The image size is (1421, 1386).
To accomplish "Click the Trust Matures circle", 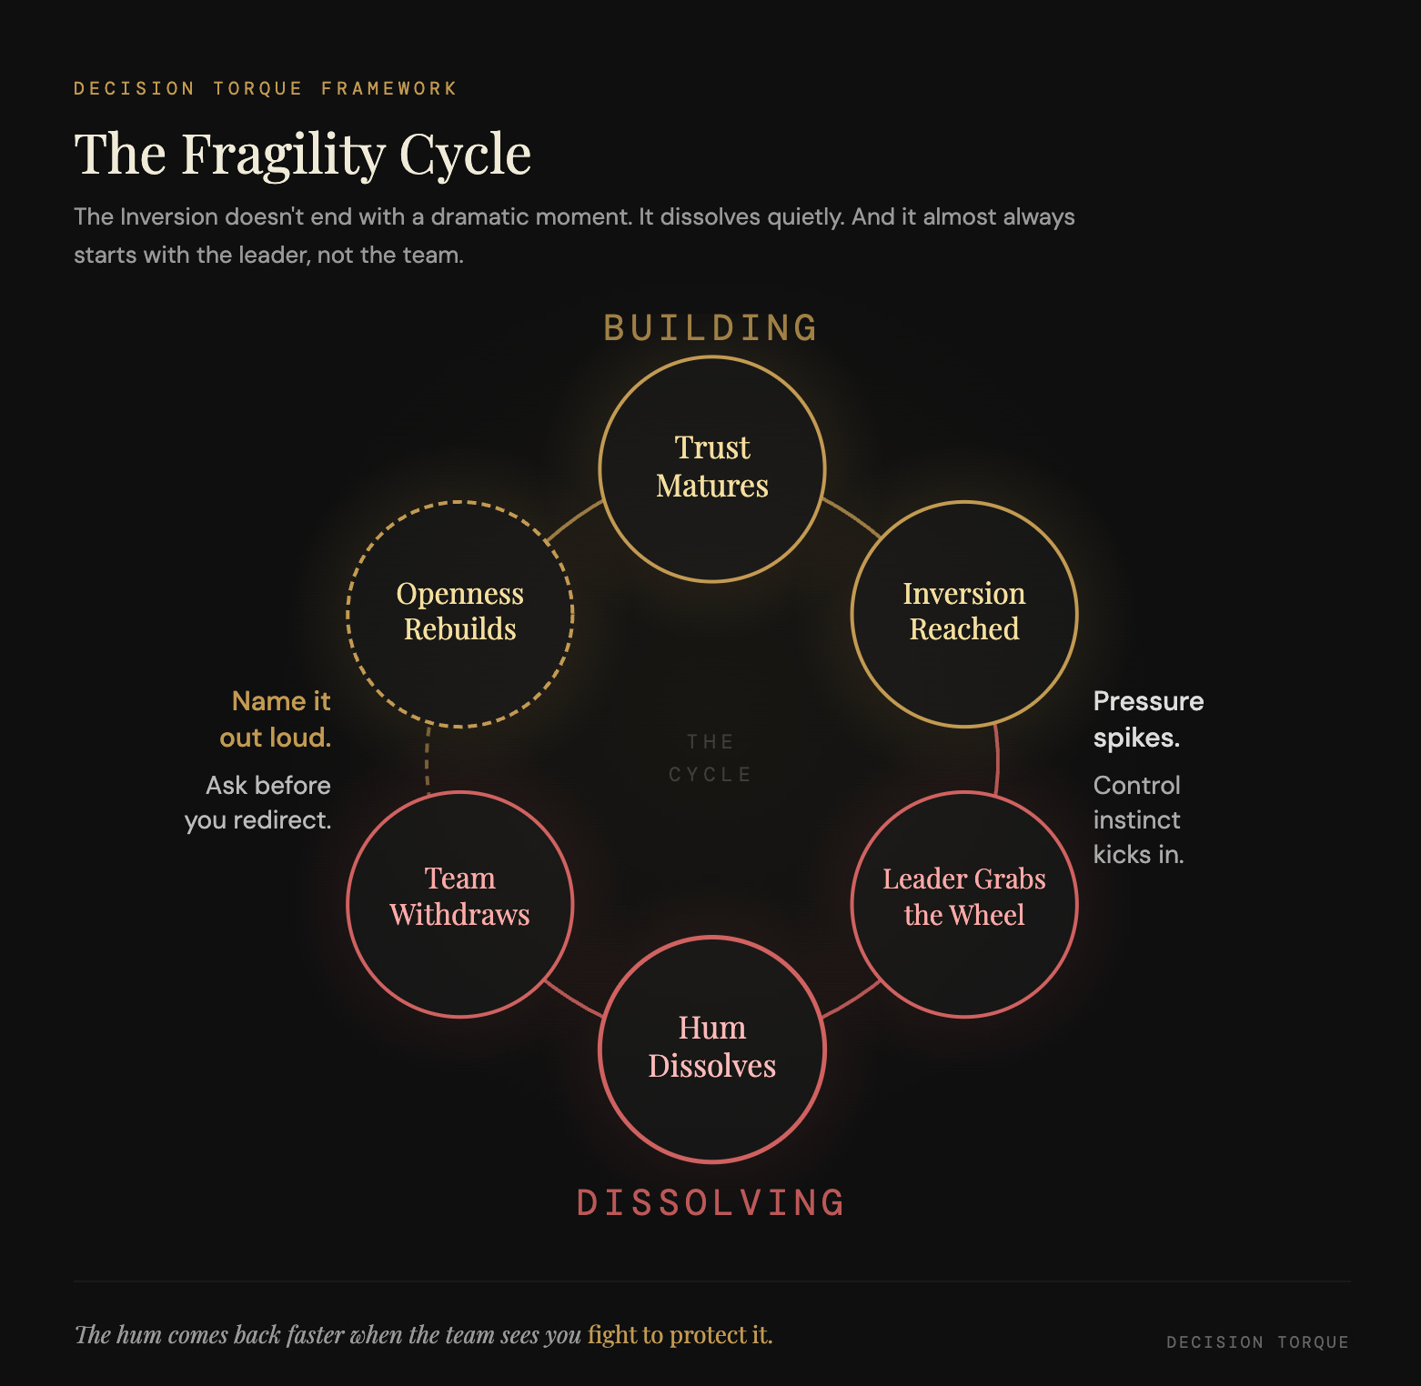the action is click(712, 468).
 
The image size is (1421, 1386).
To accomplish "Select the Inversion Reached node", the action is click(964, 614).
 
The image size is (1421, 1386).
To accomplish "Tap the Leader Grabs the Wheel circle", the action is click(964, 904).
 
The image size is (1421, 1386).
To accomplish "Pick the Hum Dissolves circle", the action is click(712, 1049).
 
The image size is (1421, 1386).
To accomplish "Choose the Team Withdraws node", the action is click(460, 904).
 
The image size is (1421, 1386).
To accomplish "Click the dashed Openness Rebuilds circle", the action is click(460, 614).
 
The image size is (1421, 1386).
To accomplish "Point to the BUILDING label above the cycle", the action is click(711, 328).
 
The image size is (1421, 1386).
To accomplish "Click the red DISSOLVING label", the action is click(711, 1203).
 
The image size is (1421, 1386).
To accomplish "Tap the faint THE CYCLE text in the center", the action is click(710, 758).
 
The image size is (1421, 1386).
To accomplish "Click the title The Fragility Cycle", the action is click(302, 155).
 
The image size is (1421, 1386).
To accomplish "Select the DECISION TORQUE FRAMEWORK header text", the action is click(265, 88).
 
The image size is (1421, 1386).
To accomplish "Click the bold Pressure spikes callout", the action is click(1147, 718).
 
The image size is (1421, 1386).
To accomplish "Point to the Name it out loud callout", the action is click(277, 718).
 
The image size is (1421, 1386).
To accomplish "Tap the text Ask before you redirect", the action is click(259, 802).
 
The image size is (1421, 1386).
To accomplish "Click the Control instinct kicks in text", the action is click(1137, 819).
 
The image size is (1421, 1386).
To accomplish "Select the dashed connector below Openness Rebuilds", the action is click(428, 758).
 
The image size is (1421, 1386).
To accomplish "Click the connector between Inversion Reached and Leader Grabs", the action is click(997, 759).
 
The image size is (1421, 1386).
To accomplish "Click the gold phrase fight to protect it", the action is click(680, 1334).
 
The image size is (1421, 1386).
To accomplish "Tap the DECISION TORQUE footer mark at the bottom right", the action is click(1257, 1342).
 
